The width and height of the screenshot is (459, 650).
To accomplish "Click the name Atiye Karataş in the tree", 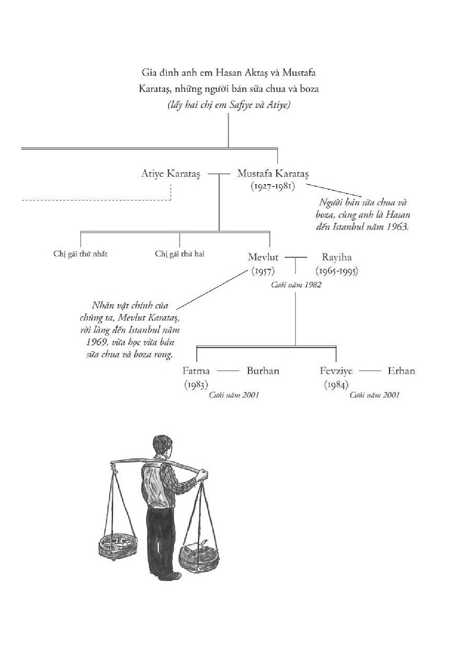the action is (171, 174).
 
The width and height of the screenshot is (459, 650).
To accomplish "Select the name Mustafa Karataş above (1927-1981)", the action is (273, 174).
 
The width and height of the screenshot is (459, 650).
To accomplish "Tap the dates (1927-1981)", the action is (273, 186).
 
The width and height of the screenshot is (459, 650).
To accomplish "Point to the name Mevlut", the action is (263, 257).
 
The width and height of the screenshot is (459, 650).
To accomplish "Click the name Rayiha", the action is (337, 257).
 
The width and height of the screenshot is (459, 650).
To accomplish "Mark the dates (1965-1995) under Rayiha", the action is (337, 271).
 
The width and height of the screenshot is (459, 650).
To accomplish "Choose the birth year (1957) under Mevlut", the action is (263, 271).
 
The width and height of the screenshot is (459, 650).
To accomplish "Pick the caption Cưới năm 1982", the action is (296, 285).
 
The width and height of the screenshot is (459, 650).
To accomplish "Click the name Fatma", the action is (196, 371).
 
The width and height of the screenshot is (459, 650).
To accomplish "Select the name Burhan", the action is (263, 371).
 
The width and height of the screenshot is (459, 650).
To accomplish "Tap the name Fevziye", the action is (336, 371).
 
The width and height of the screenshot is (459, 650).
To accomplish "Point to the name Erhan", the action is (401, 371).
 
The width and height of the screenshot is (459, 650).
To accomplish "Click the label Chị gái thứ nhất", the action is (80, 254).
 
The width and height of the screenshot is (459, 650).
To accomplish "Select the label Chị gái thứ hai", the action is (180, 254).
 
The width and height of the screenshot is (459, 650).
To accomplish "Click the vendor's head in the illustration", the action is (162, 447).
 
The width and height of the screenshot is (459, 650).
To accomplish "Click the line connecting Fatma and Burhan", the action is (228, 371).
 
